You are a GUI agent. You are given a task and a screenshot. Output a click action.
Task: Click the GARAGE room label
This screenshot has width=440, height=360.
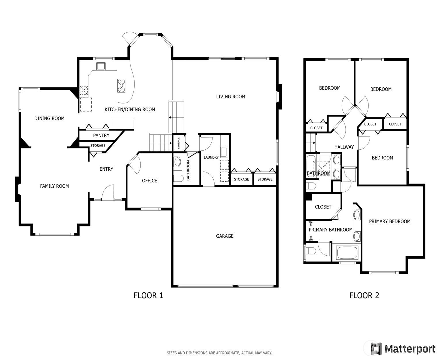(225, 236)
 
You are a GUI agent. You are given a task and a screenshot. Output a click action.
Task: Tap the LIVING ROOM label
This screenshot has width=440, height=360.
(231, 97)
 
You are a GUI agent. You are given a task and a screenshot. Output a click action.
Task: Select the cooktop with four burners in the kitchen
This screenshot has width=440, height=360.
(121, 85)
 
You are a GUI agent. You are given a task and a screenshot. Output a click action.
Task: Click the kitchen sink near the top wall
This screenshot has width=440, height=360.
(101, 66)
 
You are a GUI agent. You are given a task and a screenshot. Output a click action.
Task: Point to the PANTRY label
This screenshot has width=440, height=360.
(101, 136)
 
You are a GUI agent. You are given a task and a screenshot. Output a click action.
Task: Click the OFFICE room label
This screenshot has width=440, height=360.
(150, 180)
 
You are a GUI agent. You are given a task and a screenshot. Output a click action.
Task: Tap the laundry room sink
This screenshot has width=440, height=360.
(224, 152)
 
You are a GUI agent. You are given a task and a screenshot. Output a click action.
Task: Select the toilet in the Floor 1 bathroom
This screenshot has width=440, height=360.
(178, 178)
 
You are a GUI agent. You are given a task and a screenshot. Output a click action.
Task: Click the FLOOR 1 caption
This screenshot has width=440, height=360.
(148, 295)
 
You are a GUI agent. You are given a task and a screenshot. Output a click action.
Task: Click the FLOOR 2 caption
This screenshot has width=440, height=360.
(364, 295)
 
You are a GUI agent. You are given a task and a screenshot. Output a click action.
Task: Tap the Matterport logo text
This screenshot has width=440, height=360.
(410, 349)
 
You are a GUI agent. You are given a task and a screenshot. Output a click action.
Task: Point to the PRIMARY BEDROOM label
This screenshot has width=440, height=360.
(389, 222)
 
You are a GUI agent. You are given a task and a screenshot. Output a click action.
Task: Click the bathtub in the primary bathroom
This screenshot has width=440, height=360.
(347, 253)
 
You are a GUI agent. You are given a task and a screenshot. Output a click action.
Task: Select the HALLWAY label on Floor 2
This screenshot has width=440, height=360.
(344, 147)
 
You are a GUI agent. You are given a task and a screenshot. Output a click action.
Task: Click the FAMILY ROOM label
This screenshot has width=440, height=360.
(54, 186)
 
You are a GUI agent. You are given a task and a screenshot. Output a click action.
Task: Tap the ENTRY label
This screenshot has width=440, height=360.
(106, 169)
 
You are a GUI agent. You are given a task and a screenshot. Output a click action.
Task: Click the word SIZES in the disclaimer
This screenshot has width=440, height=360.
(171, 353)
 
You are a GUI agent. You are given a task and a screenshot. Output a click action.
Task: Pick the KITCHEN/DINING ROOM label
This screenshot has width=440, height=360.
(130, 109)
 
